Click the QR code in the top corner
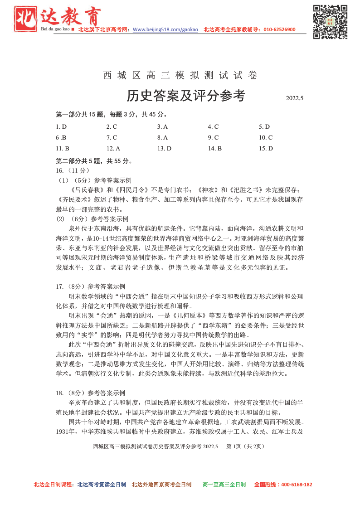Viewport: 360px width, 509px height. [x=330, y=21]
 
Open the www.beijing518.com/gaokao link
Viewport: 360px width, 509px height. [x=165, y=30]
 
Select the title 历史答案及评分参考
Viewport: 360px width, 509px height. [x=186, y=96]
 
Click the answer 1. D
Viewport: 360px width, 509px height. [x=61, y=127]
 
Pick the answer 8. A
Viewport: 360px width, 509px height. [x=162, y=137]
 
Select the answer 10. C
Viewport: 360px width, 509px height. [x=266, y=137]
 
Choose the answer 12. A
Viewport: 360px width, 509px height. [x=113, y=148]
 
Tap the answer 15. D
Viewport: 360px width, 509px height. [x=266, y=148]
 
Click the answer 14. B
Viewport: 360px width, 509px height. [x=214, y=148]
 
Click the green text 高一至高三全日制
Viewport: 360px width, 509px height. [x=224, y=485]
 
